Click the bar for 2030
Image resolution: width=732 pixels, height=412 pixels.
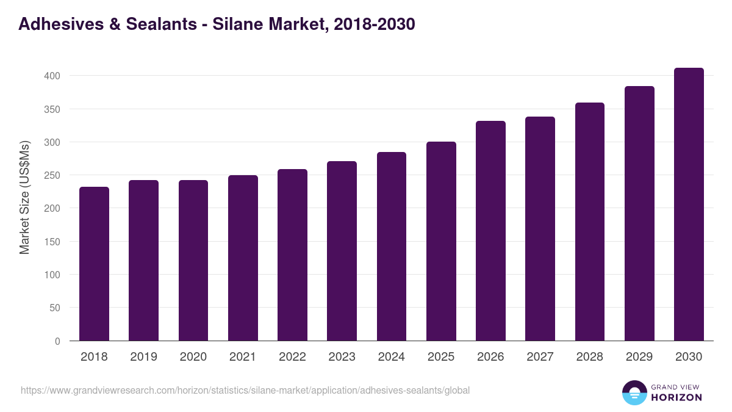(x=689, y=204)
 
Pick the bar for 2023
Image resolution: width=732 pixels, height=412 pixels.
(x=342, y=251)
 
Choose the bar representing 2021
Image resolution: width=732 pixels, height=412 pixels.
(x=243, y=258)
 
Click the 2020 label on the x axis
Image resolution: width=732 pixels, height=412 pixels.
(x=193, y=357)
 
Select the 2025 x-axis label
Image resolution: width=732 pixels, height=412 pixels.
(x=441, y=357)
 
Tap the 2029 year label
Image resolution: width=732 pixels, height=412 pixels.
(x=639, y=357)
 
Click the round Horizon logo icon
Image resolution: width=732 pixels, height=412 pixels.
(x=634, y=392)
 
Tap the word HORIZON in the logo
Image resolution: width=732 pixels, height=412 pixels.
(x=676, y=397)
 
